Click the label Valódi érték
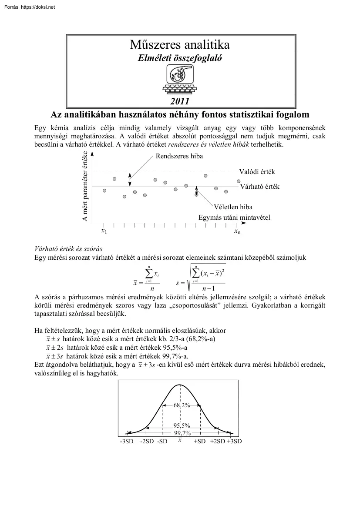tap(257, 172)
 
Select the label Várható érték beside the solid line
tap(259, 187)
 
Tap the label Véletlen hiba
tap(233, 207)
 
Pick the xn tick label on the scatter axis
tap(237, 232)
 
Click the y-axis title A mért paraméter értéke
tap(85, 186)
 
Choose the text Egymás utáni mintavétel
tap(234, 217)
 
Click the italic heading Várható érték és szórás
tap(68, 249)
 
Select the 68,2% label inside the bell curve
tap(182, 405)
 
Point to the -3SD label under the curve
tap(127, 441)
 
